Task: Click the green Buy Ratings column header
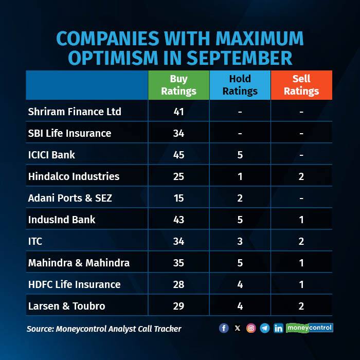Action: click(x=178, y=85)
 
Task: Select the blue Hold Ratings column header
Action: click(x=240, y=85)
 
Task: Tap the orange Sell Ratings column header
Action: click(x=301, y=85)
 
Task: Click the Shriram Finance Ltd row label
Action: click(x=74, y=112)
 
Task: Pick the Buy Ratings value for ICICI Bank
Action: click(x=178, y=155)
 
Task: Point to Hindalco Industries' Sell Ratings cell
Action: click(x=301, y=176)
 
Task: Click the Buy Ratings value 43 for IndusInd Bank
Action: click(x=178, y=220)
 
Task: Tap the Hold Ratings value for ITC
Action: click(x=240, y=241)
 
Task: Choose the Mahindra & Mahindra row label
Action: click(x=79, y=263)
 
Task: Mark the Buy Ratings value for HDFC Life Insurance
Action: click(x=178, y=284)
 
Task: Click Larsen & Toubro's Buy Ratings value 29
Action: click(x=178, y=306)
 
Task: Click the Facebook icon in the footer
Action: click(x=224, y=328)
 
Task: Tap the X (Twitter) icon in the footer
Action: click(x=237, y=328)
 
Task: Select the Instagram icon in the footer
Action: click(x=251, y=328)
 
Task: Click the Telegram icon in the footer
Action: click(x=264, y=328)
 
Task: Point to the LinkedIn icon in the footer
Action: click(x=278, y=328)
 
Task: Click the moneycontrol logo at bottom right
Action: click(x=310, y=328)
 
